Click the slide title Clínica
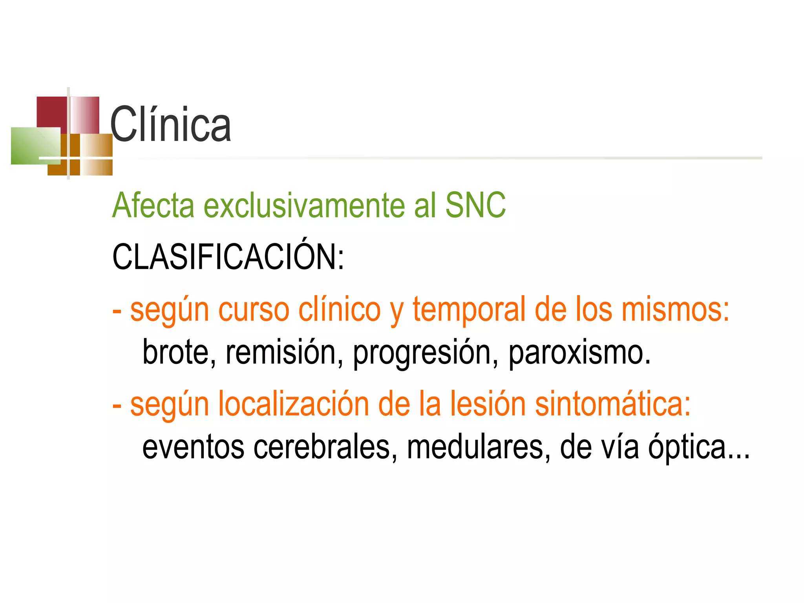(x=171, y=125)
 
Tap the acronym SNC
(x=475, y=205)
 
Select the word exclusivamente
(x=304, y=205)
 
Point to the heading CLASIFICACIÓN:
(x=228, y=257)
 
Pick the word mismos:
(x=675, y=309)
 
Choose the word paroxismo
(x=579, y=352)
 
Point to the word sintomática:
(x=612, y=404)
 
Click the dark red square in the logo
(x=51, y=111)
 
